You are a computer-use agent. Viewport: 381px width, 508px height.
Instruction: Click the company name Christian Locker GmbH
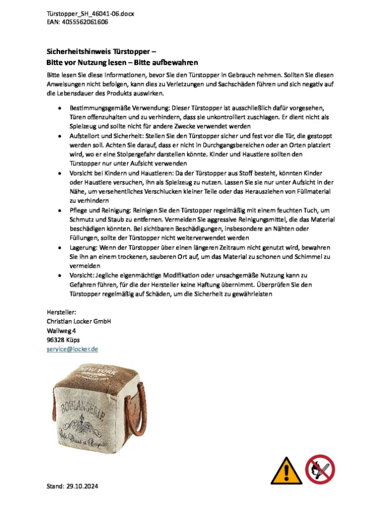click(78, 321)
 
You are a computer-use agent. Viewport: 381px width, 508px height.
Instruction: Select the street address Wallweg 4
click(61, 331)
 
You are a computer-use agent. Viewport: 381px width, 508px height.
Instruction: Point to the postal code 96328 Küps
click(63, 340)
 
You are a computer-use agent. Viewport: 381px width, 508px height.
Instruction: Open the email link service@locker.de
click(72, 350)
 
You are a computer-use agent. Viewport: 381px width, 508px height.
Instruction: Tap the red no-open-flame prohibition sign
click(321, 469)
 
